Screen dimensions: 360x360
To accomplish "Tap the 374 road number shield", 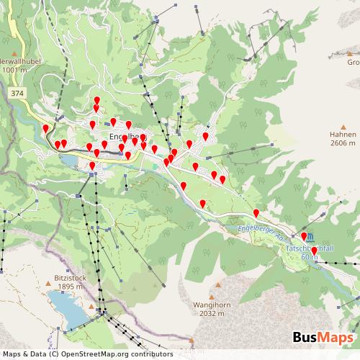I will point(17,94).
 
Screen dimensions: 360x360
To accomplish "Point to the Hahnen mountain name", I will point(343,135).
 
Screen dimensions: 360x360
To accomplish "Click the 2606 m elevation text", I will point(343,143).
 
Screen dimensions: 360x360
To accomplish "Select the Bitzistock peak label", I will point(70,277).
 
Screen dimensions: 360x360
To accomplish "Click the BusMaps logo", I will point(323,338).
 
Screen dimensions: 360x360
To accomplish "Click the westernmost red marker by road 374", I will point(46,129).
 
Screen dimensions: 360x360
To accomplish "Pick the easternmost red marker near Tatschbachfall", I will point(314,251).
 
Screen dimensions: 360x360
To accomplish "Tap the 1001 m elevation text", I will point(14,70).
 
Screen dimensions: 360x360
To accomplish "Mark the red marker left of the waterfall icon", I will point(303,235).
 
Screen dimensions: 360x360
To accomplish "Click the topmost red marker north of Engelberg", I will point(97,100).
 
